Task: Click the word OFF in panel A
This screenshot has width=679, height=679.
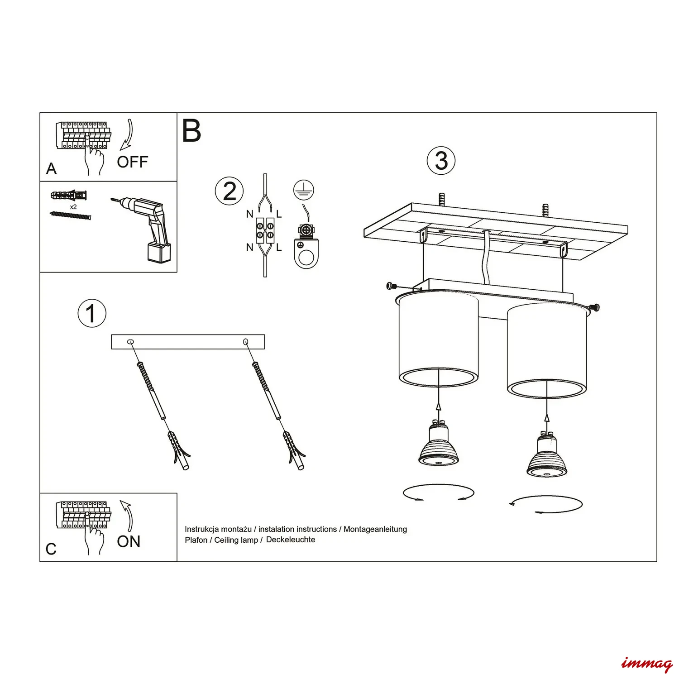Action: click(x=132, y=162)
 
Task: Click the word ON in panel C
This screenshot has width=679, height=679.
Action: click(x=129, y=541)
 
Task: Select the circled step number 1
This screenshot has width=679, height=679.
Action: click(x=92, y=313)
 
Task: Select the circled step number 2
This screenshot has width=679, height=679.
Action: click(x=230, y=191)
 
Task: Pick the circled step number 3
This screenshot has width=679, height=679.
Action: click(x=441, y=161)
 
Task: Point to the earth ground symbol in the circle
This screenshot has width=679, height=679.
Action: click(x=304, y=190)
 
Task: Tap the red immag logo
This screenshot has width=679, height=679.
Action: click(x=646, y=664)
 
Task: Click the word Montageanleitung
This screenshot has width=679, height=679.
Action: click(x=375, y=529)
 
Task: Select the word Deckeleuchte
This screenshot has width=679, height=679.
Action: click(x=291, y=540)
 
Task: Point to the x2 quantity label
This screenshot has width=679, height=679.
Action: click(x=73, y=207)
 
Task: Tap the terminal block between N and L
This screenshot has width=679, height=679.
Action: click(x=265, y=230)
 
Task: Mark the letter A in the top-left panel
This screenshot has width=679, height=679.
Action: click(x=51, y=169)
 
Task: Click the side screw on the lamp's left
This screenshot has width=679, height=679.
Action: click(x=392, y=286)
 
